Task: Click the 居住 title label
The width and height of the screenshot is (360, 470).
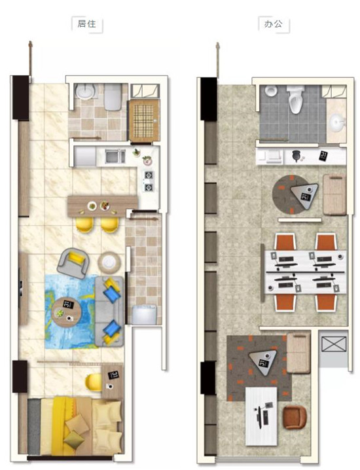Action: click(86, 24)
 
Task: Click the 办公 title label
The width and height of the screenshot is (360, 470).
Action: click(273, 24)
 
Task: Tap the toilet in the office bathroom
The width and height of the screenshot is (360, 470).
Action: click(295, 99)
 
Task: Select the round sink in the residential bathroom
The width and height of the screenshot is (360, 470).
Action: click(85, 91)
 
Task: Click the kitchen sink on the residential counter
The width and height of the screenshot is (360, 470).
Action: click(115, 156)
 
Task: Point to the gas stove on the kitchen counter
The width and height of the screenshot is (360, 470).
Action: click(149, 181)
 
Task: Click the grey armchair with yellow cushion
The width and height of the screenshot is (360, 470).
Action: click(73, 264)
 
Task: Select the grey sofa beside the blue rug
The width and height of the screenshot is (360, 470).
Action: click(110, 312)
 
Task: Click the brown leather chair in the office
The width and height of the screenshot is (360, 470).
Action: click(295, 418)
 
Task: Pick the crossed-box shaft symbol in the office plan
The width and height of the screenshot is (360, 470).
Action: click(334, 344)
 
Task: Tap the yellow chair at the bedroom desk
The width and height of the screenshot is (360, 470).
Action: click(93, 382)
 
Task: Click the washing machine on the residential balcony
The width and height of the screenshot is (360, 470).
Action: click(145, 315)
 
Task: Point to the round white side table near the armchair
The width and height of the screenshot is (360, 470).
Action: click(109, 262)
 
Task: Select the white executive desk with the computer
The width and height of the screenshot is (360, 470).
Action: click(261, 416)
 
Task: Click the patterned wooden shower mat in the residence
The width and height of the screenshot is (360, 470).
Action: click(143, 120)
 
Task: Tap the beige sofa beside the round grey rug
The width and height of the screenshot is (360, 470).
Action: click(334, 194)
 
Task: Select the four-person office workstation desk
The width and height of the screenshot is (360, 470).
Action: click(306, 272)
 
